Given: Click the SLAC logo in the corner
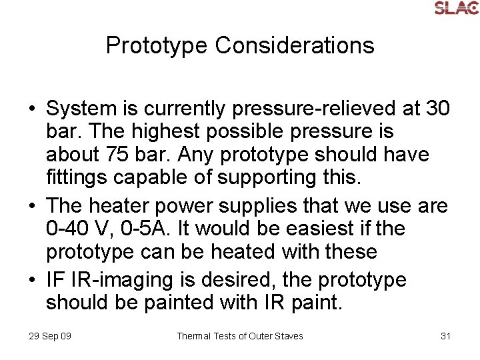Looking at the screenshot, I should (456, 8).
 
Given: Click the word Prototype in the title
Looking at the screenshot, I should (157, 45).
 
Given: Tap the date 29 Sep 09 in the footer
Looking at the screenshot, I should (50, 336).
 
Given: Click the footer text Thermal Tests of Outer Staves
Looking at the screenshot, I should (239, 336).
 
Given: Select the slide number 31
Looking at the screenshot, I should (446, 336).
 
